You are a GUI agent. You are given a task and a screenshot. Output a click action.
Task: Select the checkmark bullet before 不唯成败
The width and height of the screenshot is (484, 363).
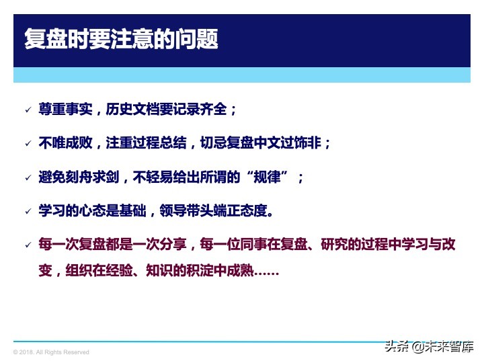[27, 143]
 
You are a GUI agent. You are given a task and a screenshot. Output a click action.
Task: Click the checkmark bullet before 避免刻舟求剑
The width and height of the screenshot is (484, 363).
[27, 178]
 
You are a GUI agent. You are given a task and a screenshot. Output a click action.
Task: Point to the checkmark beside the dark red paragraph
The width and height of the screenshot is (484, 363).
[27, 245]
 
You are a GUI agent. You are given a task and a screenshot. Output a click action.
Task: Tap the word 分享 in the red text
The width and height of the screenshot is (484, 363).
[179, 244]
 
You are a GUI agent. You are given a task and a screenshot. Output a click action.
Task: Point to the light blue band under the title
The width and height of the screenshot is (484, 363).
[241, 75]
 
